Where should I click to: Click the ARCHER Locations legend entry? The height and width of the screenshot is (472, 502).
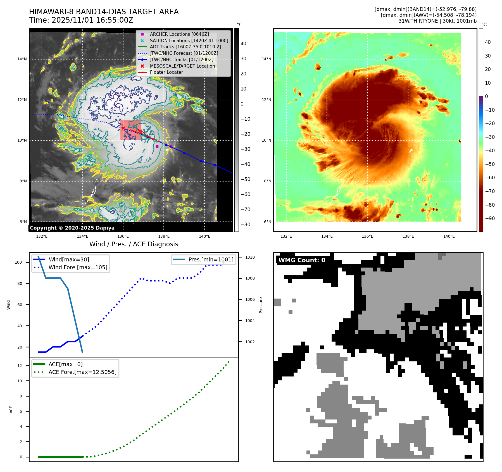[179, 34]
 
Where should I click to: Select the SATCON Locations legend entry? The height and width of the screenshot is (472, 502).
[189, 40]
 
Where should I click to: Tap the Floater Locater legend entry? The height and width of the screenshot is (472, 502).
[166, 72]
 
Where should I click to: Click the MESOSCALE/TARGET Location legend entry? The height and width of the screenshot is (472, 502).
[182, 66]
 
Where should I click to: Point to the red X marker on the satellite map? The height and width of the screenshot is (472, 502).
[123, 128]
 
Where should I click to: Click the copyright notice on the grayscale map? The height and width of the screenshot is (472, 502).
[72, 228]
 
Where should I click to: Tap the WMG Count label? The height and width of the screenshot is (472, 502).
[302, 260]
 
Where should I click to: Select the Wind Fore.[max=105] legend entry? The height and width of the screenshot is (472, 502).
[78, 267]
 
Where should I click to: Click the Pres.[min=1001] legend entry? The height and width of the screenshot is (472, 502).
[211, 259]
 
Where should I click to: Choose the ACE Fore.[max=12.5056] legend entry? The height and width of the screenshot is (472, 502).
[82, 372]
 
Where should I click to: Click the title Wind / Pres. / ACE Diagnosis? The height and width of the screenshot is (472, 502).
[134, 244]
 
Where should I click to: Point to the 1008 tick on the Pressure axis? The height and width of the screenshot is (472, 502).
[250, 278]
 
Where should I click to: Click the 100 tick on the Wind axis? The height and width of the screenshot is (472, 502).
[18, 262]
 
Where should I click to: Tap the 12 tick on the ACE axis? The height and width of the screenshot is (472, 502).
[20, 366]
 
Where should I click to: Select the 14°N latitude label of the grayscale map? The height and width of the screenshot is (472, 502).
[22, 59]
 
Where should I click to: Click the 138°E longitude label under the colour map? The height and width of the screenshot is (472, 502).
[408, 236]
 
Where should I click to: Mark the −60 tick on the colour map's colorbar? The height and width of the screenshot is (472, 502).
[490, 178]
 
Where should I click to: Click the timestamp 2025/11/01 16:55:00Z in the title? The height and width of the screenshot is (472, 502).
[92, 20]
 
